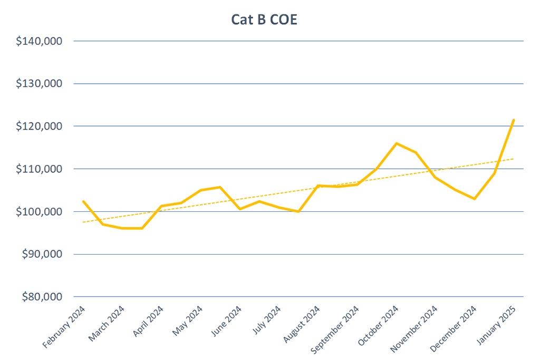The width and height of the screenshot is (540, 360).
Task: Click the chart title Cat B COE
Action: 265,20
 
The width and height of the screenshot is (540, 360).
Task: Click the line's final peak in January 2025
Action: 514,120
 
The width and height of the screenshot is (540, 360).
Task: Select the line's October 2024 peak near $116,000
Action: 397,143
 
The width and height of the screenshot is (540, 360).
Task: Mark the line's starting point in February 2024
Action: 83,201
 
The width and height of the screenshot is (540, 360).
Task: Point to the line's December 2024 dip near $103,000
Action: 475,199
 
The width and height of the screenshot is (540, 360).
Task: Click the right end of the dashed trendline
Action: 514,159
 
